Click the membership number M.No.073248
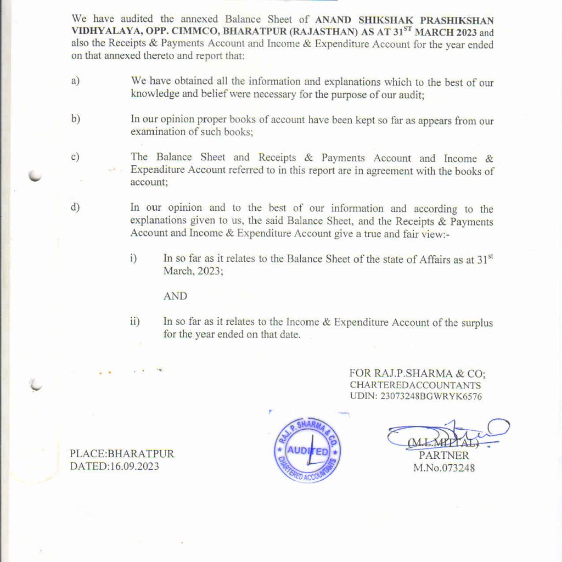click(x=444, y=468)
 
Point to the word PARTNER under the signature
click(x=444, y=456)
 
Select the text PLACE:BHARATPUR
click(x=122, y=454)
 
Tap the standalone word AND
click(x=175, y=296)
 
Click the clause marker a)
click(x=75, y=81)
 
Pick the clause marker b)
click(x=75, y=119)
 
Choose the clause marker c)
click(x=75, y=157)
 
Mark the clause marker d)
click(x=75, y=207)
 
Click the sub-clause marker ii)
click(x=134, y=322)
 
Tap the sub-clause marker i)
click(x=133, y=258)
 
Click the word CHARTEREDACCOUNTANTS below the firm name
click(x=415, y=385)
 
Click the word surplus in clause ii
click(x=478, y=323)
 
